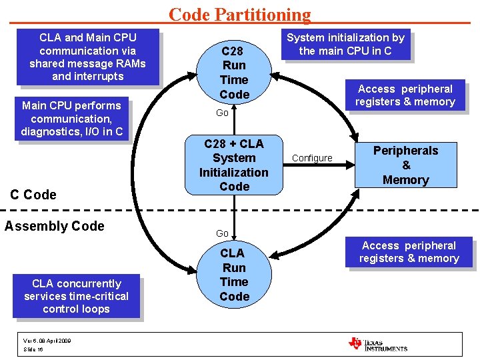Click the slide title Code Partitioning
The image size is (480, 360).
click(x=239, y=14)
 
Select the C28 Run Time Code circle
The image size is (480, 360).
click(x=234, y=73)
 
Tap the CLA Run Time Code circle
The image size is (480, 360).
click(x=234, y=275)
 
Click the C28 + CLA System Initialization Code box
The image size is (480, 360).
click(x=234, y=165)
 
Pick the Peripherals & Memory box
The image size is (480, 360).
click(x=405, y=165)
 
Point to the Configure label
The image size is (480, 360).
click(x=312, y=158)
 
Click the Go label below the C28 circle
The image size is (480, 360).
click(x=222, y=113)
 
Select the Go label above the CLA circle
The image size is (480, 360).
click(x=222, y=233)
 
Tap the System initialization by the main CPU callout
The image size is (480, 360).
click(x=345, y=45)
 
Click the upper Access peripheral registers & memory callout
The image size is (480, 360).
click(x=405, y=95)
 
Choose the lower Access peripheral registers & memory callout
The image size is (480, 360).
click(x=409, y=252)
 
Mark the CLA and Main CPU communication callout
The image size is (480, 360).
click(x=87, y=57)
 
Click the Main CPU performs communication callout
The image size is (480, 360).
click(x=71, y=119)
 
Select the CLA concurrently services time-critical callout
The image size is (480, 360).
click(x=76, y=296)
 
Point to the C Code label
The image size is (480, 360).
click(x=33, y=195)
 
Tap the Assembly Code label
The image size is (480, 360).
click(x=55, y=226)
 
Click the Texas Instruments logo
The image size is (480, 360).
click(x=377, y=344)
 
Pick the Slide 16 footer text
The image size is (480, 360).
click(x=33, y=349)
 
